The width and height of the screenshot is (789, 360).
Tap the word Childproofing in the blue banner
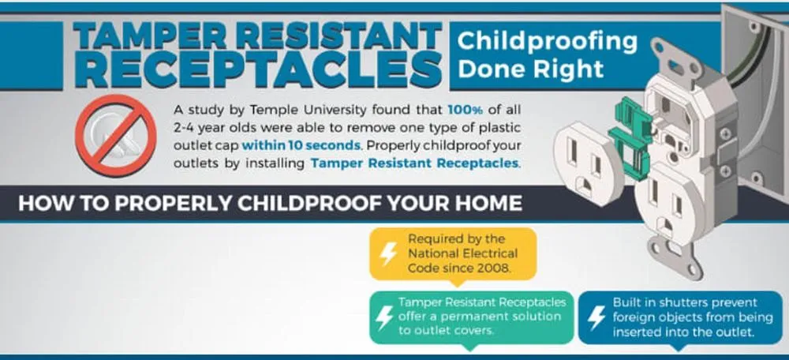point(548,41)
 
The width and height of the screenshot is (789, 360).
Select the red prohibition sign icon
point(116,136)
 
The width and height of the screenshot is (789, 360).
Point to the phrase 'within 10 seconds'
point(301,146)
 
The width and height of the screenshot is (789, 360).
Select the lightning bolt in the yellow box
point(388,253)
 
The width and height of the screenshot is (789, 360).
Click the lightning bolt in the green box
point(384,317)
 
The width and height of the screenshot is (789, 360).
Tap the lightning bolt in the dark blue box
point(596,317)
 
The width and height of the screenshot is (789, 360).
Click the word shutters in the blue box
point(678,302)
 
